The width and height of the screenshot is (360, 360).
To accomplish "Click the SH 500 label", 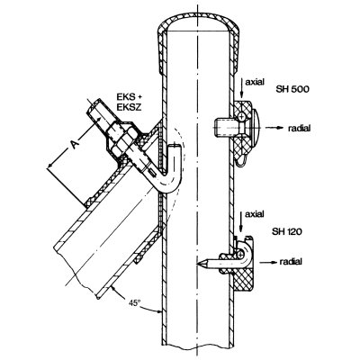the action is click(x=292, y=89).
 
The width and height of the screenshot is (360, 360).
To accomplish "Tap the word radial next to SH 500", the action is click(x=299, y=128).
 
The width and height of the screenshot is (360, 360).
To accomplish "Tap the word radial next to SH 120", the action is click(x=291, y=262).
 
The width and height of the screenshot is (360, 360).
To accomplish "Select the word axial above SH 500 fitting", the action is click(x=255, y=82).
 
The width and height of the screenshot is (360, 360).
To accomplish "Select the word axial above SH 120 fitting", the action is click(x=255, y=214).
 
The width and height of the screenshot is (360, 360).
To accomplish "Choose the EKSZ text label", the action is click(x=129, y=107).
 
